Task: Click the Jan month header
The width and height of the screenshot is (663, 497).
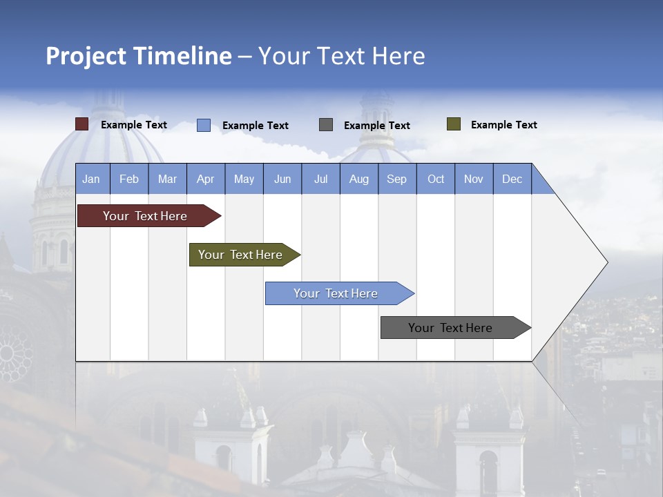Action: pos(92,179)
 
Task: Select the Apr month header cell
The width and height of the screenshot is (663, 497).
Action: pos(206,179)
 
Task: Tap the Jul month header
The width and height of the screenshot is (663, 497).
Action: pos(320,179)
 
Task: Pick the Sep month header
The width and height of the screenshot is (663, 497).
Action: pos(396,179)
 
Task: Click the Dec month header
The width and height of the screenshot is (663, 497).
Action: pos(512,179)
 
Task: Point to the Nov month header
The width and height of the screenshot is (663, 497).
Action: pos(474,179)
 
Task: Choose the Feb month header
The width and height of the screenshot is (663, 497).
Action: pos(129,179)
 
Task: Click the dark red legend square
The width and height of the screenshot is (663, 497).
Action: pos(81,124)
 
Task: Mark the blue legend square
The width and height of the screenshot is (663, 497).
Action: pos(203,125)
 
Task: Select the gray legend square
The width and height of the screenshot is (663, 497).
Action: pos(326,125)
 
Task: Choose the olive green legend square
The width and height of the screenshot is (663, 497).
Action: pos(453,124)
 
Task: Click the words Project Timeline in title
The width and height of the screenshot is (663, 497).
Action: pos(138,56)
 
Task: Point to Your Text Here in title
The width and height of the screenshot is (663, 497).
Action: pos(341,56)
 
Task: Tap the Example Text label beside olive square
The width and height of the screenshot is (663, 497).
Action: pos(503,125)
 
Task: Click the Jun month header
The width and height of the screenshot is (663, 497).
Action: pos(282,179)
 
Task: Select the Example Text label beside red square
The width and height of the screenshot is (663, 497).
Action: pos(133,125)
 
